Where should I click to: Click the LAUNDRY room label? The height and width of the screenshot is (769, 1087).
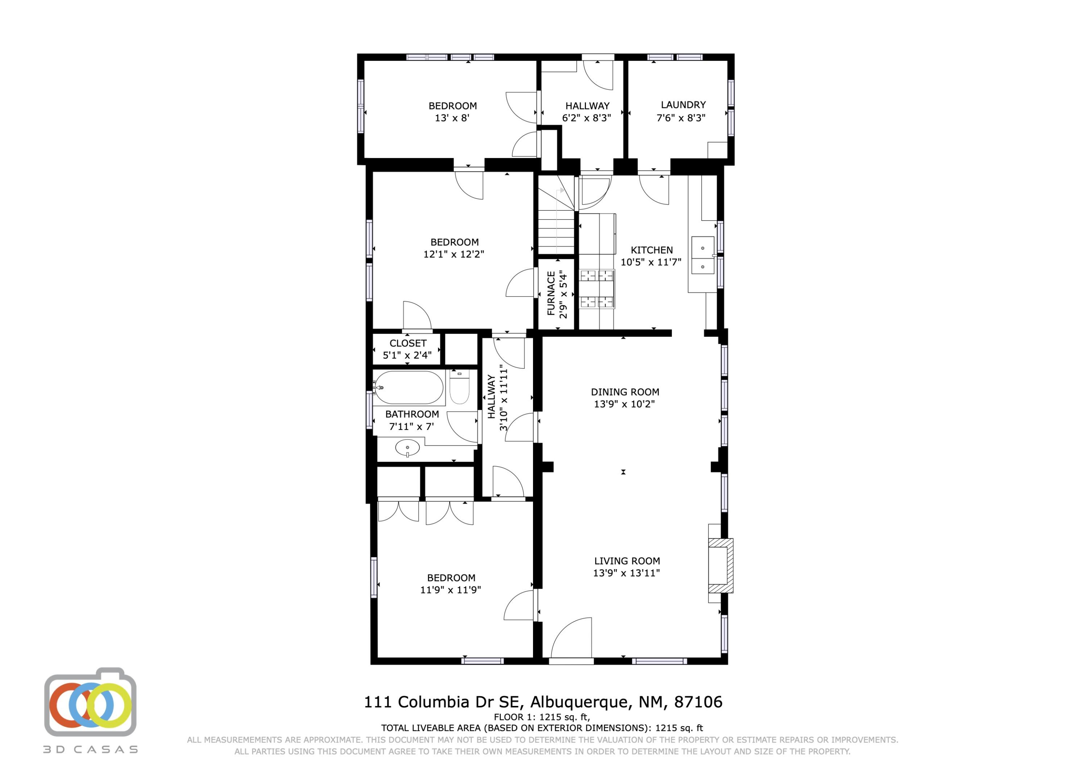click(683, 105)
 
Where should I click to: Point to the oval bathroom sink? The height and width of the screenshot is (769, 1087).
click(407, 447)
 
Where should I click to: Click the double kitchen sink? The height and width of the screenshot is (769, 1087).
click(703, 255)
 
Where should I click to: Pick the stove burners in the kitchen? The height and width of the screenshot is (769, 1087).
click(596, 288)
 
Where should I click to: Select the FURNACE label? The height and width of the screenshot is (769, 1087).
click(551, 293)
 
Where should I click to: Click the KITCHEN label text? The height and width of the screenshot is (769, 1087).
click(651, 250)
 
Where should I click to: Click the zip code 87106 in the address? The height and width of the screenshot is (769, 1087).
click(698, 702)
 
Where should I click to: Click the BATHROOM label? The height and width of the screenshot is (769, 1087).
click(412, 414)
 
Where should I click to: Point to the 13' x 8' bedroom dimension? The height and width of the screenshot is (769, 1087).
click(452, 118)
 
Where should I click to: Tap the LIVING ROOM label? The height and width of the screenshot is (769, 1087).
click(627, 561)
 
